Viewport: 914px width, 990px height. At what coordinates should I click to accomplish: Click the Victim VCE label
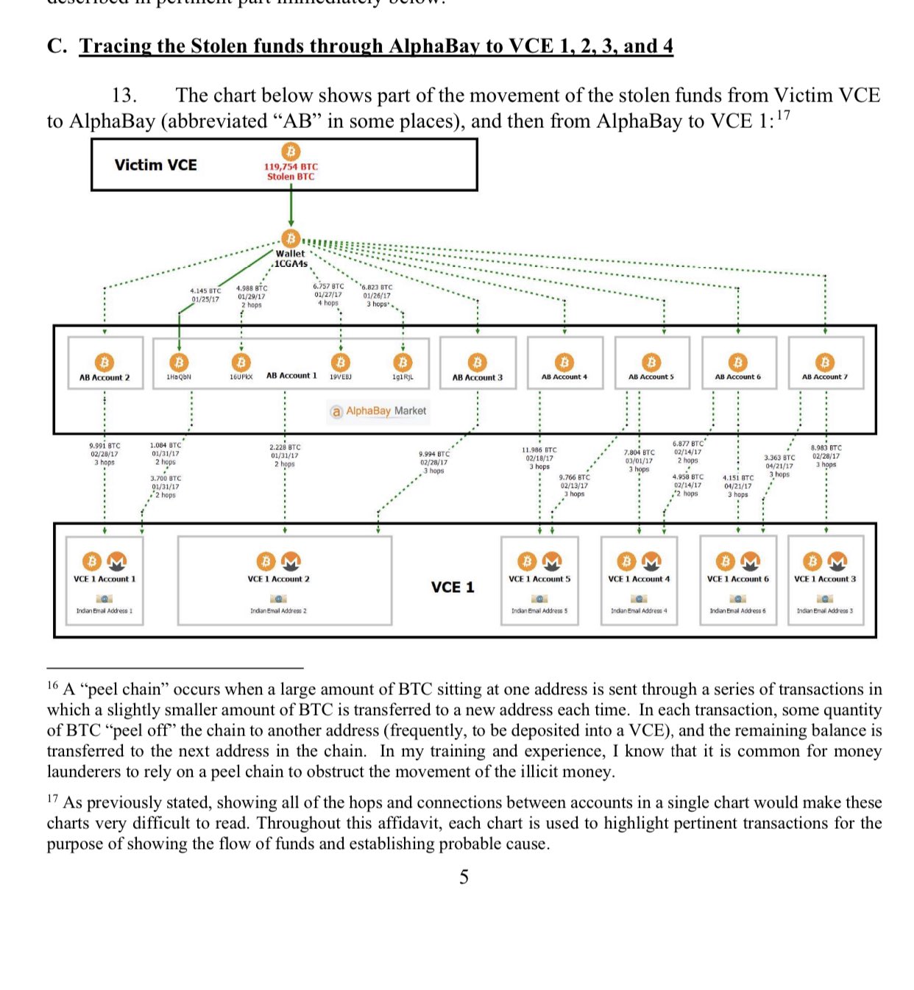[x=155, y=165]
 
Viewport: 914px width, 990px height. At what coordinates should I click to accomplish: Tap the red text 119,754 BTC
[x=291, y=167]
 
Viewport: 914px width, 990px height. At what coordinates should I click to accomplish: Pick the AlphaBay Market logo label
[x=378, y=411]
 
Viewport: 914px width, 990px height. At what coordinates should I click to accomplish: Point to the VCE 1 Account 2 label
[x=278, y=579]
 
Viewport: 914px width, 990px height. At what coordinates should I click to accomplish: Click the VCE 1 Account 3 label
[x=825, y=579]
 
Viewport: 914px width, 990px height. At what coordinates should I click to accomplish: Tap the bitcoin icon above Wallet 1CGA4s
[x=291, y=238]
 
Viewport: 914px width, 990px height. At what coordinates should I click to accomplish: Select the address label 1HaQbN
[x=179, y=377]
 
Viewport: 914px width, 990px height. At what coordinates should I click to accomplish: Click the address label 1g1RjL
[x=403, y=377]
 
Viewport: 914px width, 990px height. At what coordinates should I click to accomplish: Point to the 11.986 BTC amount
[x=539, y=449]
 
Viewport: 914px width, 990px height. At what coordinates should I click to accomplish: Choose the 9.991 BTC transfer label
[x=104, y=446]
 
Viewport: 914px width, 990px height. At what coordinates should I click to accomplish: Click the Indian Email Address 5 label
[x=539, y=610]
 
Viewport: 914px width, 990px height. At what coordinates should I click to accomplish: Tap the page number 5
[x=464, y=877]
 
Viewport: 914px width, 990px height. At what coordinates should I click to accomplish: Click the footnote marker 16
[x=52, y=685]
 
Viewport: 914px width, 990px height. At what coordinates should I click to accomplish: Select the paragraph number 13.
[x=124, y=96]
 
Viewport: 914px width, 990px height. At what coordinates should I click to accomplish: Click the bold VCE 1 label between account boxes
[x=453, y=587]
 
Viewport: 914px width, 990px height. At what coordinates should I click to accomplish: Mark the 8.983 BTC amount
[x=826, y=447]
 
